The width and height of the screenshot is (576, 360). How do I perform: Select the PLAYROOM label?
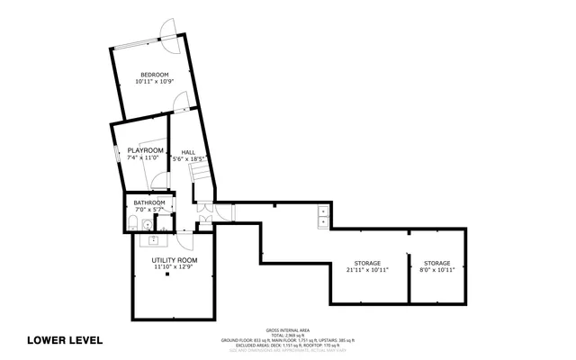click(x=145, y=150)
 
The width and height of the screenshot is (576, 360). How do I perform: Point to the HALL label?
click(x=188, y=152)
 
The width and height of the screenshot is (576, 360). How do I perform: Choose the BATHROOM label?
click(x=149, y=202)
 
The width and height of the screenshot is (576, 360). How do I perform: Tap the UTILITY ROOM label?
click(x=174, y=260)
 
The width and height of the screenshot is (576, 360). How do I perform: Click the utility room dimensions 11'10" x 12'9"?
click(x=174, y=267)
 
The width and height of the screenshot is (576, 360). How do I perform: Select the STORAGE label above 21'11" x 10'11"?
click(x=365, y=262)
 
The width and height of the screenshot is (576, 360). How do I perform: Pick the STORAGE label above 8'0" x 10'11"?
click(x=437, y=262)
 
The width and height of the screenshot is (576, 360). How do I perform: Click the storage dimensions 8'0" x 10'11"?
click(x=437, y=269)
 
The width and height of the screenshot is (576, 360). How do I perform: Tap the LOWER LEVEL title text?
click(x=65, y=340)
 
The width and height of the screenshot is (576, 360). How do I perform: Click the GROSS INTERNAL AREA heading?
click(x=288, y=329)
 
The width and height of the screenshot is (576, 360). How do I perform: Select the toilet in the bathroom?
click(x=135, y=225)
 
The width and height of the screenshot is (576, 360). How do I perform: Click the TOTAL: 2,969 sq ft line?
click(x=288, y=334)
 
